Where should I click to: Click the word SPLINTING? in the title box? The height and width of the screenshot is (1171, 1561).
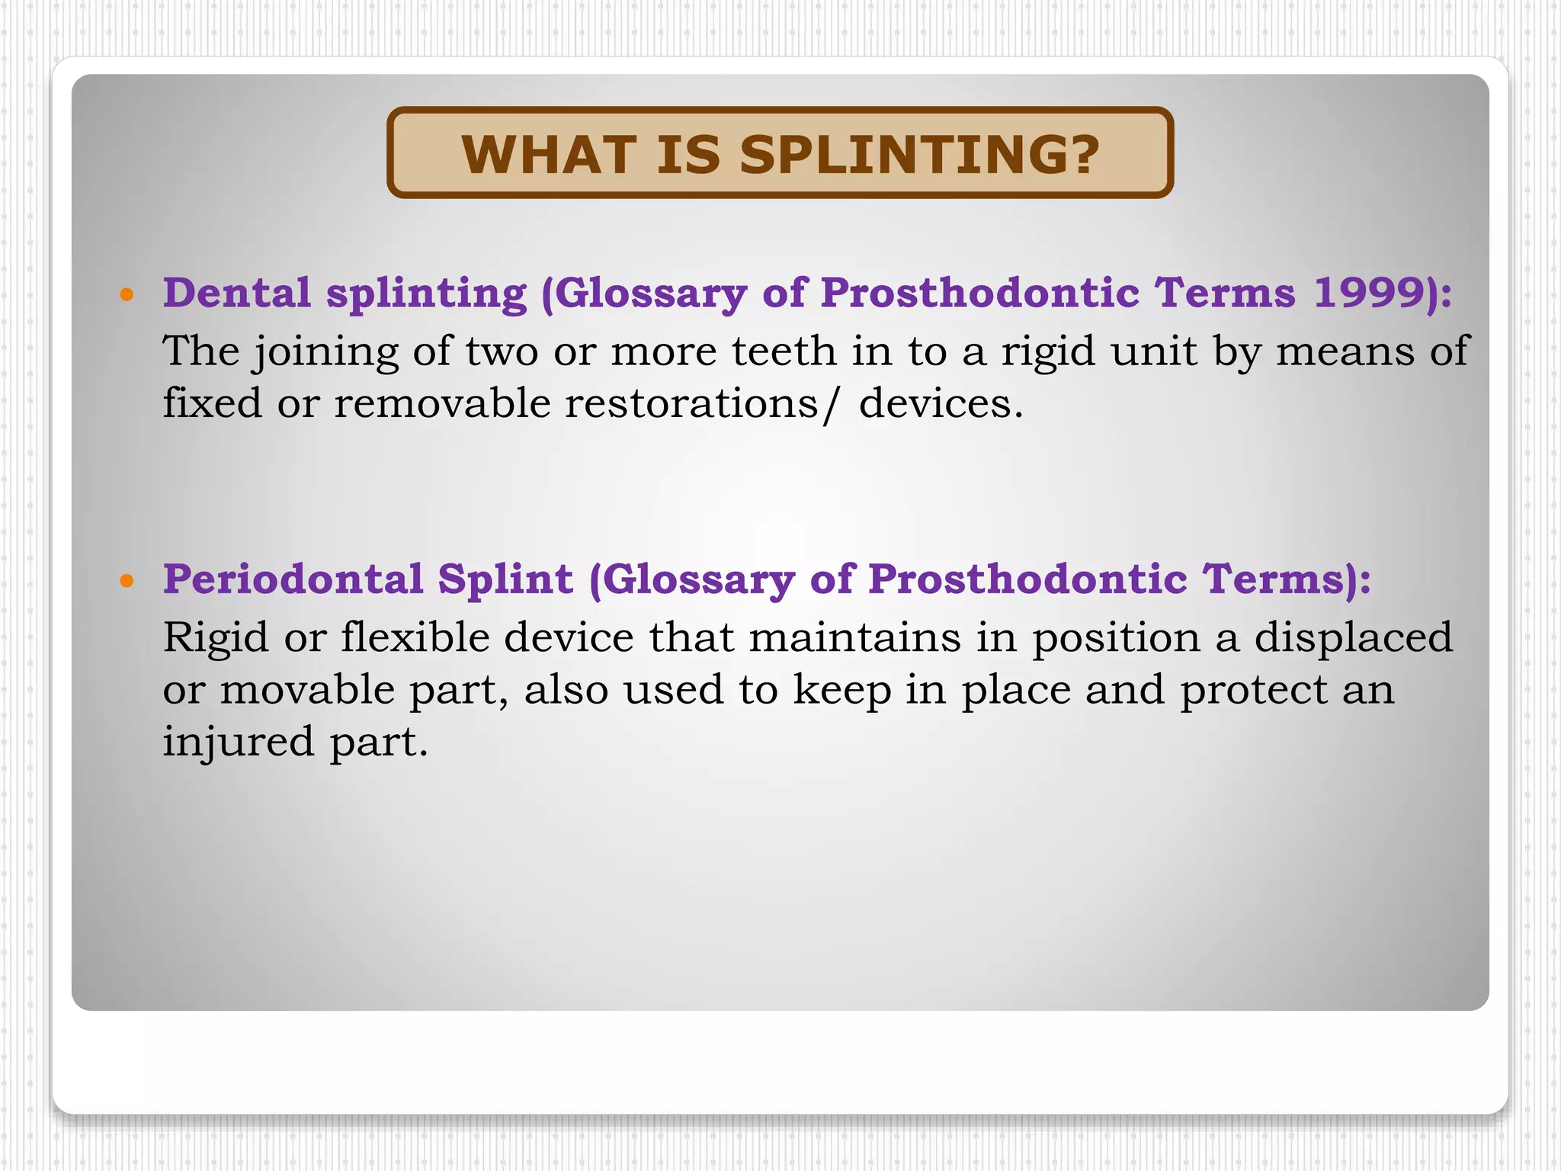tap(919, 155)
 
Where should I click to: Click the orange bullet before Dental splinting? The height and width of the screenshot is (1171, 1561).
tap(127, 294)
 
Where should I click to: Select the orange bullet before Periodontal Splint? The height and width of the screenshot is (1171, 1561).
tap(127, 581)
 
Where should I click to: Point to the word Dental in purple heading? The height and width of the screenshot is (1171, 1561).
tap(237, 293)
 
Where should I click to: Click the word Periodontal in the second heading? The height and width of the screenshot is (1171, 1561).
tap(293, 579)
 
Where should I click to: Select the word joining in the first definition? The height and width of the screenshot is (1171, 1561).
tap(326, 353)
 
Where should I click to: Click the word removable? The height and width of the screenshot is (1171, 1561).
tap(442, 403)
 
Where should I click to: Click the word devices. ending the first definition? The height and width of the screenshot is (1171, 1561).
tap(941, 403)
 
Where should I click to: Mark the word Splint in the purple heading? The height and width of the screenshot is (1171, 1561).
tap(505, 579)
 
